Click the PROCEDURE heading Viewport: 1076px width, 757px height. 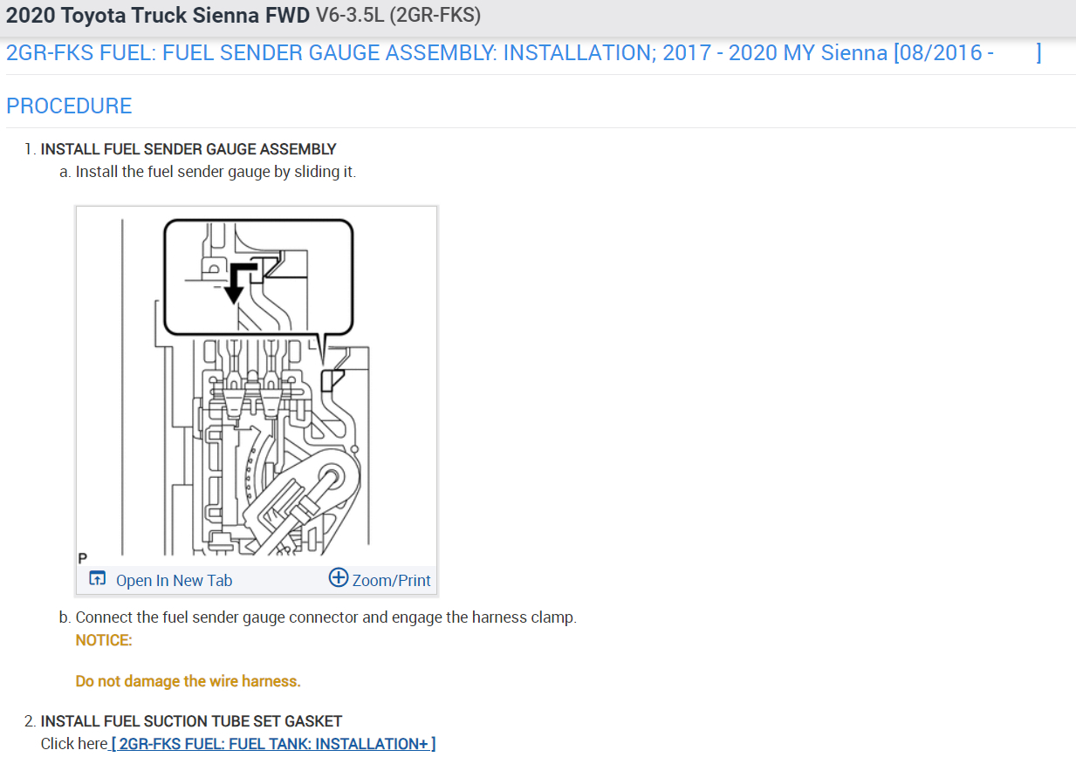69,106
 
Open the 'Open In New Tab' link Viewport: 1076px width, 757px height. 174,580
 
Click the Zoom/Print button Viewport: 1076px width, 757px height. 391,580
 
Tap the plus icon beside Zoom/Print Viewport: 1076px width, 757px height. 339,577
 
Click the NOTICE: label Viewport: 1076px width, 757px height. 104,640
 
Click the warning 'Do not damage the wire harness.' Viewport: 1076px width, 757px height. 188,681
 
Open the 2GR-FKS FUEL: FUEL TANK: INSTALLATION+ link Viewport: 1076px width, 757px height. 273,744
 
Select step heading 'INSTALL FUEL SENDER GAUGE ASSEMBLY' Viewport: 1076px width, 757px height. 188,149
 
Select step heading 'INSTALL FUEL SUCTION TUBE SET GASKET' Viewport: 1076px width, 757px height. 191,721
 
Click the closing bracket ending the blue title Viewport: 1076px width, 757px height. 1038,53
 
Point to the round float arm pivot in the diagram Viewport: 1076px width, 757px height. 332,477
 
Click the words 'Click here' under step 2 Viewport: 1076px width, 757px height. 74,744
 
